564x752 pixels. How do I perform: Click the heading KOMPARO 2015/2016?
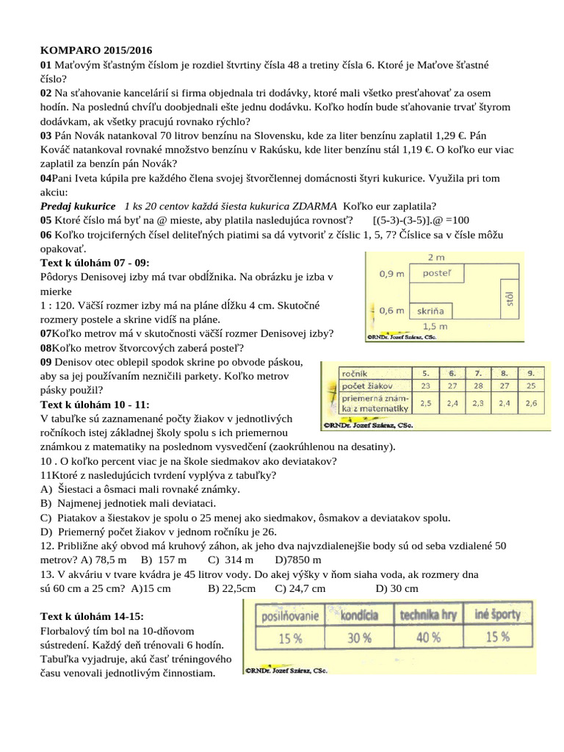[x=96, y=51]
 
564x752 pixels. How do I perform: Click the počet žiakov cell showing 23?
[x=425, y=386]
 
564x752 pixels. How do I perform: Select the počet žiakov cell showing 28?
[x=478, y=386]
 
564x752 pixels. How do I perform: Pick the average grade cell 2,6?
[x=532, y=402]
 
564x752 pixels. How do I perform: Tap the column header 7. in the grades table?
[x=478, y=372]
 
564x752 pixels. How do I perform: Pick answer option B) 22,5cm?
[x=232, y=588]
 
